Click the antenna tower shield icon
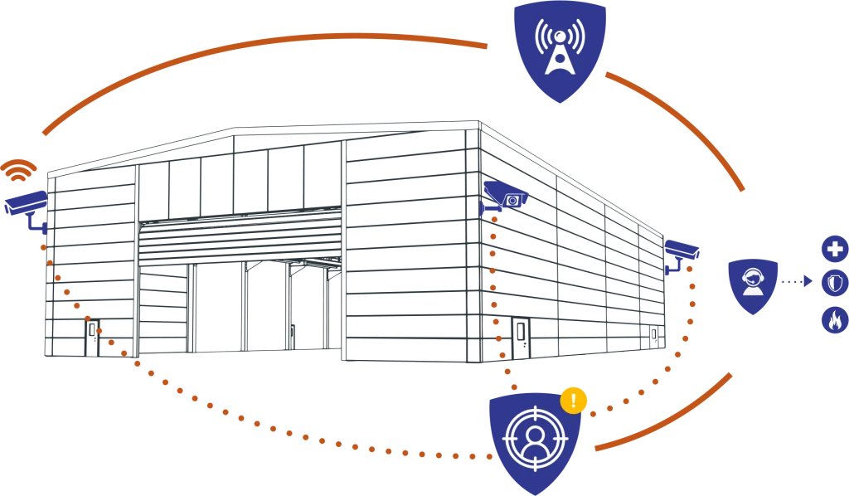(560, 48)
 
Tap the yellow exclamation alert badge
(574, 400)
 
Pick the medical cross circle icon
(834, 249)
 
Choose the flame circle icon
(834, 320)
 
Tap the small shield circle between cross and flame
(834, 284)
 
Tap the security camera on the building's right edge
(682, 251)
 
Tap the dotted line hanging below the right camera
(691, 307)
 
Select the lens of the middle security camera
(513, 200)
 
